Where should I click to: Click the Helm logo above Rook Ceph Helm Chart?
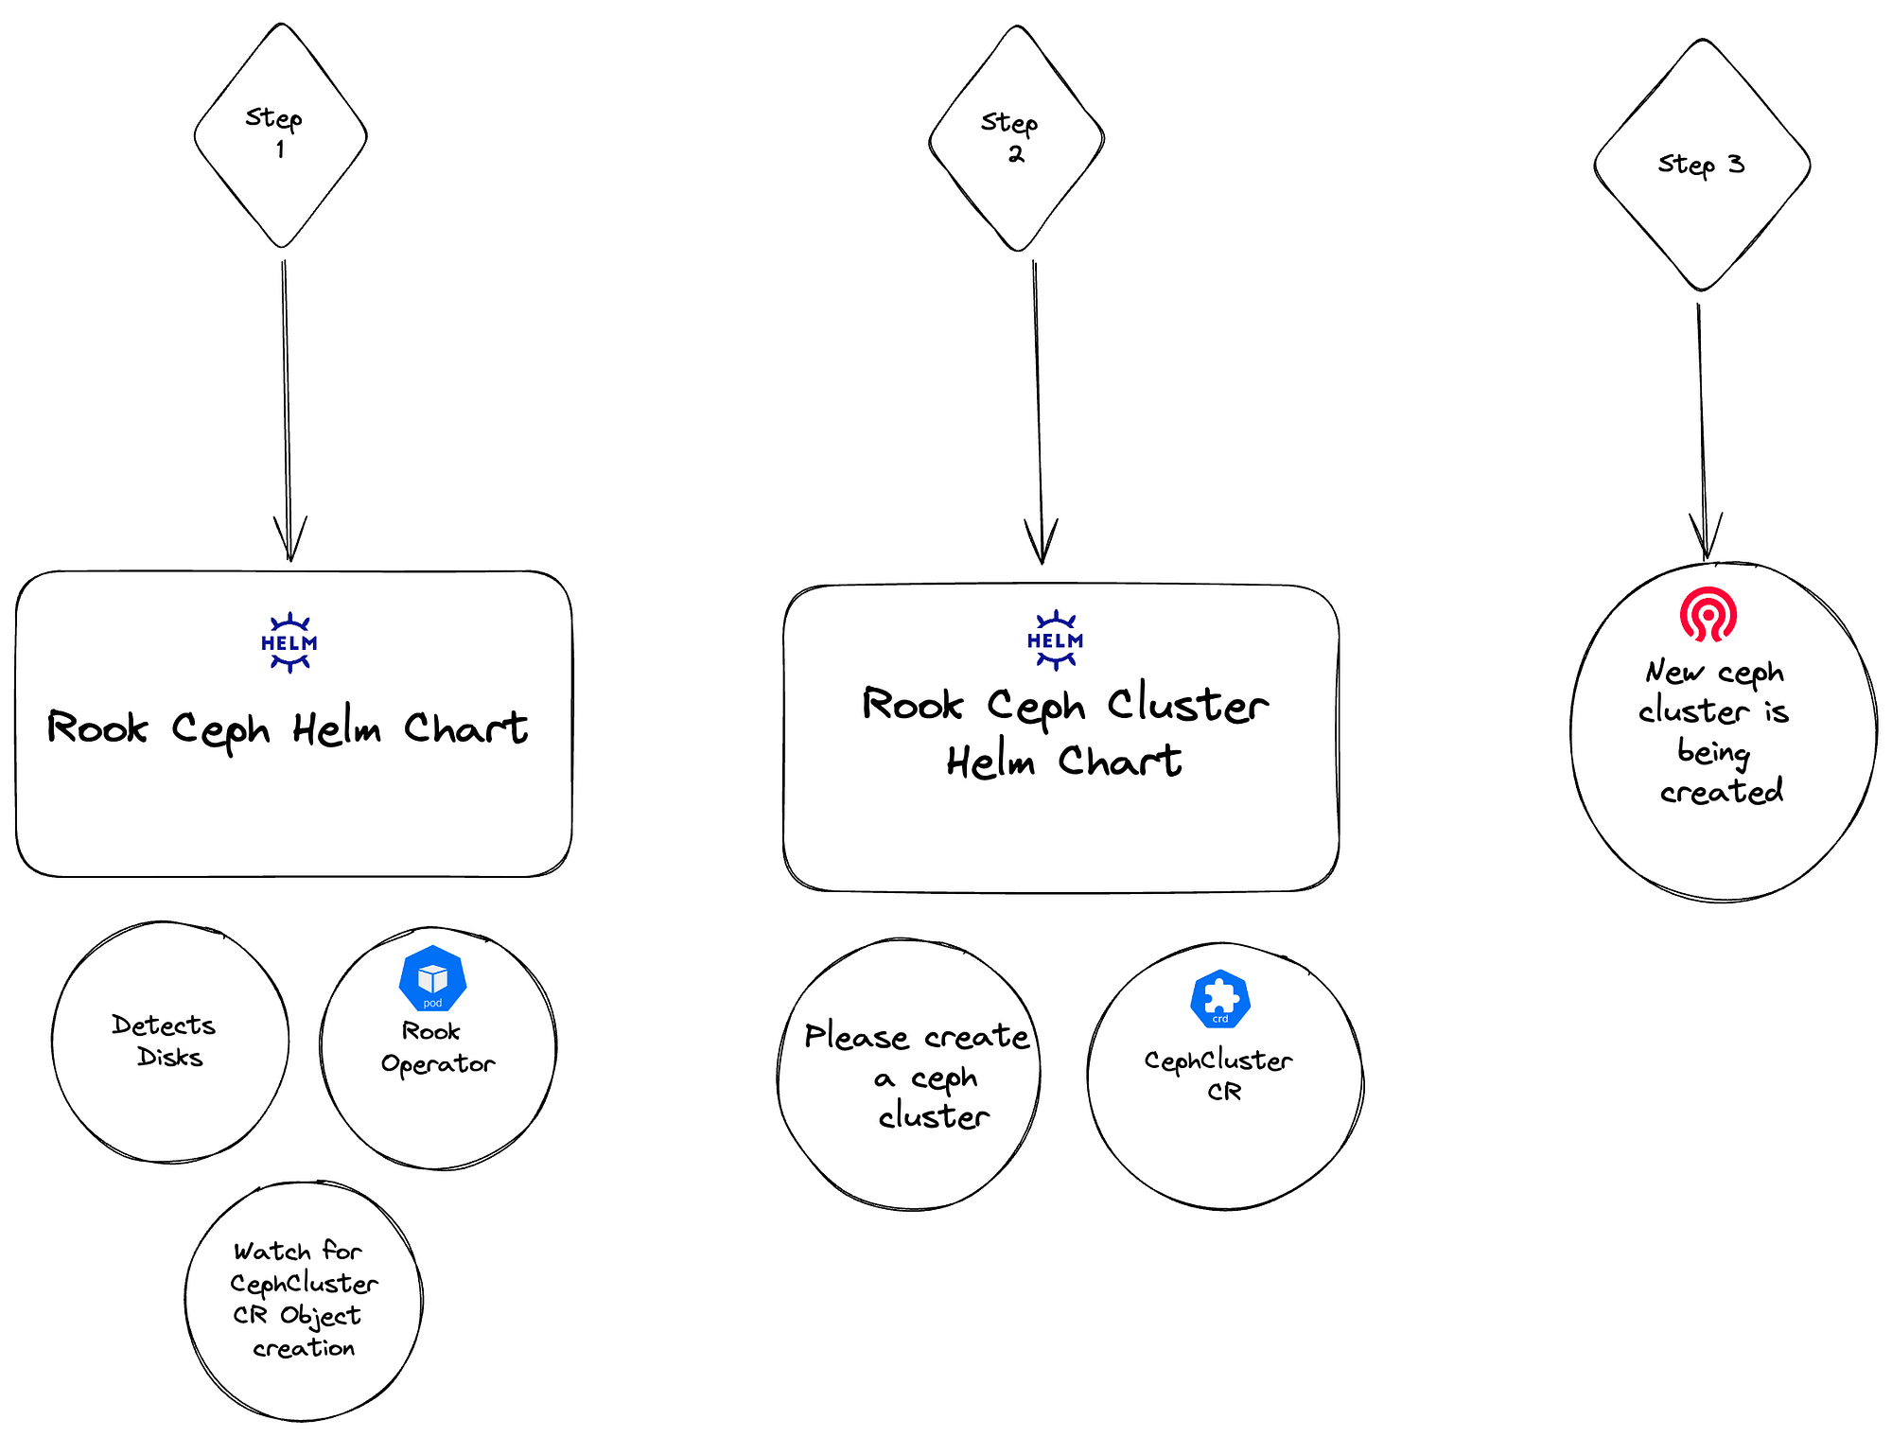point(289,642)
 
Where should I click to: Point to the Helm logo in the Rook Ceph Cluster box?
point(1055,640)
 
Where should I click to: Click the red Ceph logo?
point(1708,614)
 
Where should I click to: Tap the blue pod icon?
point(432,978)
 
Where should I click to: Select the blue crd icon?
point(1220,998)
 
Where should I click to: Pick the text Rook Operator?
point(438,1047)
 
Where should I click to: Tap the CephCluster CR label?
point(1218,1076)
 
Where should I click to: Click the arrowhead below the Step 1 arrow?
point(289,540)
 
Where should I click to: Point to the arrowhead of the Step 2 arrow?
point(1042,541)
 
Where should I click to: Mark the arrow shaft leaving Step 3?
point(1702,430)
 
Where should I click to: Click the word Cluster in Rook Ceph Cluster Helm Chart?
point(1188,704)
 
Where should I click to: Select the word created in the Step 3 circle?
point(1722,791)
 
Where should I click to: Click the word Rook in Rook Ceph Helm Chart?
point(97,727)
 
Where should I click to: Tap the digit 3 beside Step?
point(1736,164)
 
